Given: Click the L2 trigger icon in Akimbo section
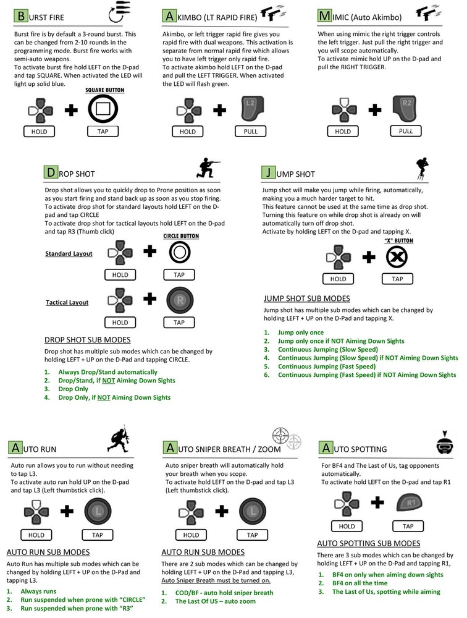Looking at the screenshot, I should click(x=252, y=109).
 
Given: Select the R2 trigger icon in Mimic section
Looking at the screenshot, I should click(x=406, y=109).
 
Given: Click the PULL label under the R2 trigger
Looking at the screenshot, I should click(x=406, y=132).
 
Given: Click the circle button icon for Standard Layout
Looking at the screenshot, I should click(x=179, y=253).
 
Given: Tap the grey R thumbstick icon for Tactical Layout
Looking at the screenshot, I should click(x=179, y=301).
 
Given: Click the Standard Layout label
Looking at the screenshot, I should click(x=69, y=254).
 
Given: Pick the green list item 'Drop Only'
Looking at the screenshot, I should click(x=73, y=389).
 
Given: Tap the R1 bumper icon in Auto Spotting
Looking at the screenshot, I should click(x=408, y=504).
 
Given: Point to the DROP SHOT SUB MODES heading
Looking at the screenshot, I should click(x=87, y=340).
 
